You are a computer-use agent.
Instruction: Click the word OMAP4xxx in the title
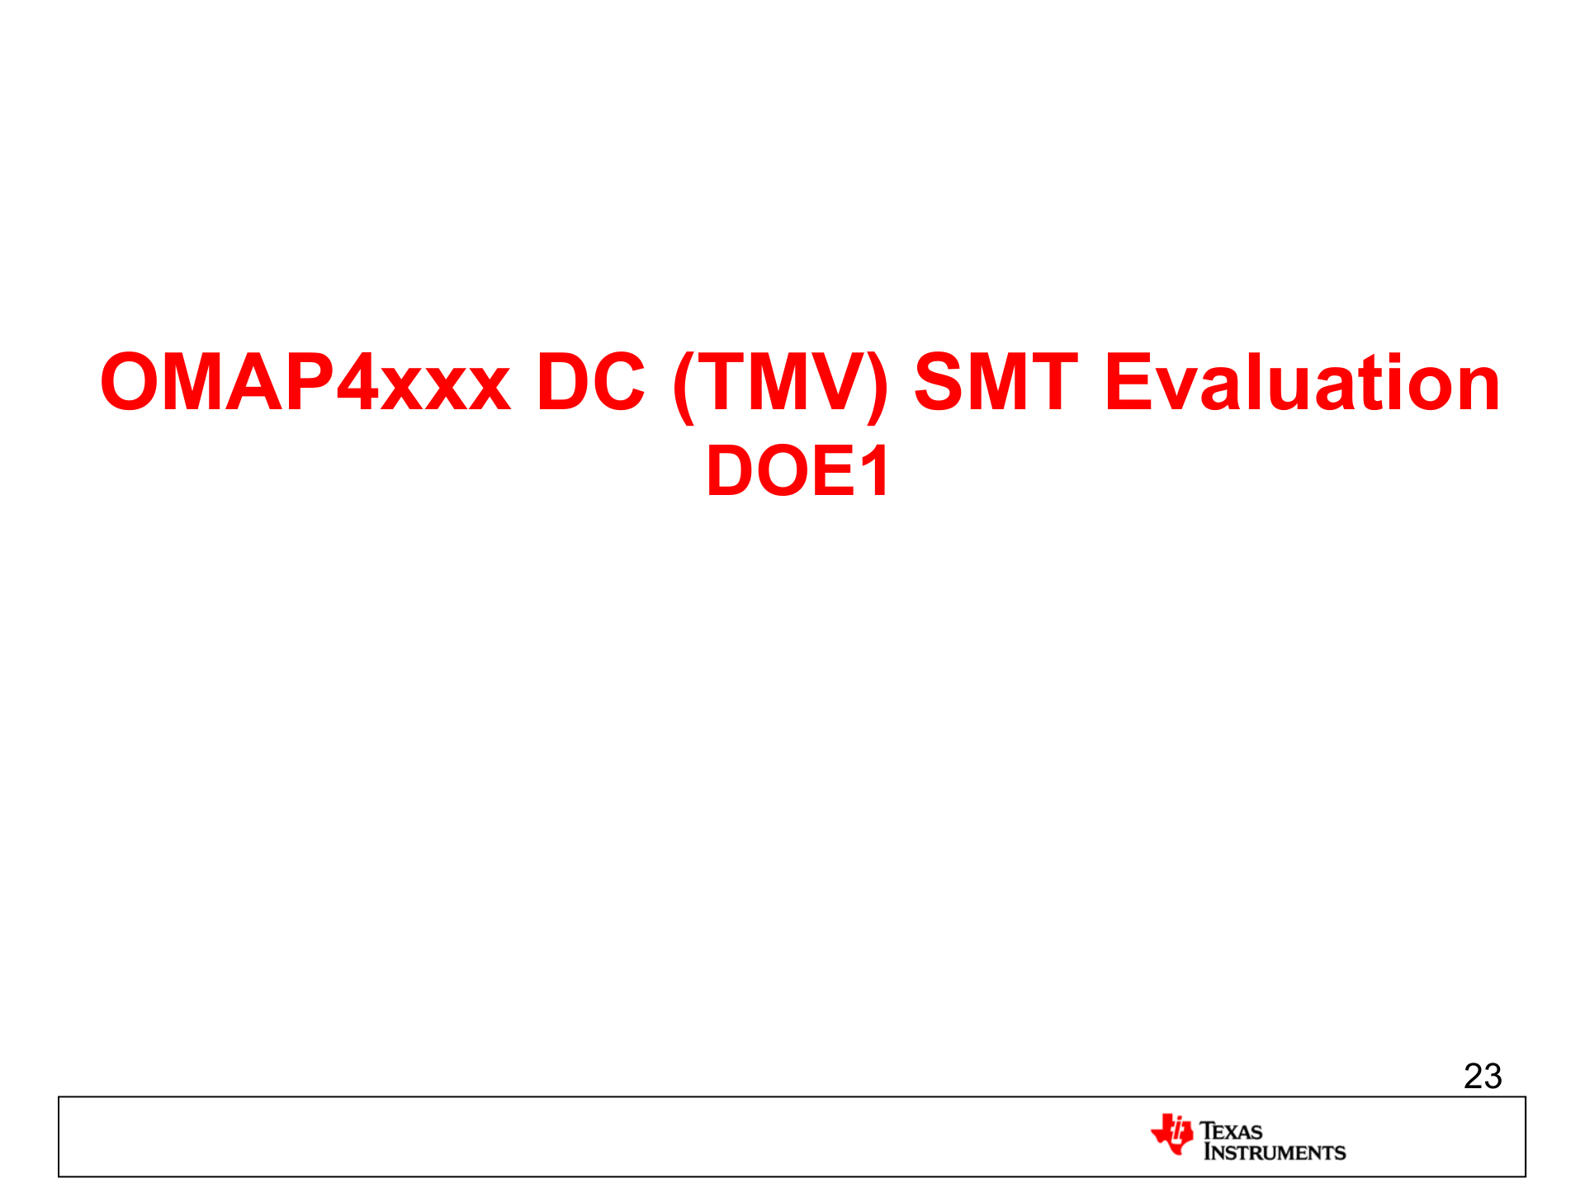[305, 382]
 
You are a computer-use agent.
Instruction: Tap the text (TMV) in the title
[780, 384]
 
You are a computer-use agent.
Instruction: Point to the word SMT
[996, 382]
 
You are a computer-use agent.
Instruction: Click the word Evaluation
[1302, 382]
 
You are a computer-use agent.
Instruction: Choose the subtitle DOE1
[797, 471]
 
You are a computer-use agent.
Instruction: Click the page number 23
[1482, 1076]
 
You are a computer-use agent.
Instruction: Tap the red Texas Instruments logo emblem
[1172, 1134]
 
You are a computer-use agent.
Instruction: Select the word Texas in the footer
[1231, 1130]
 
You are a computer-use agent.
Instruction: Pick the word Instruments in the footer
[1274, 1152]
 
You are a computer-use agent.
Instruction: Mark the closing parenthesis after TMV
[878, 385]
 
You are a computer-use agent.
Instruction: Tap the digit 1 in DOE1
[874, 471]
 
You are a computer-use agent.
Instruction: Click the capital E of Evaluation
[1129, 382]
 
